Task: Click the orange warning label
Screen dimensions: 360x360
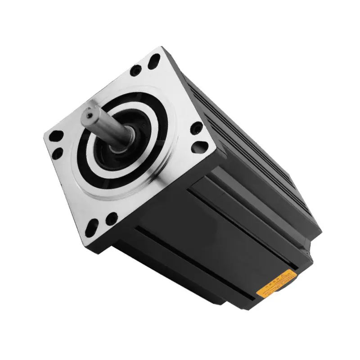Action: click(275, 283)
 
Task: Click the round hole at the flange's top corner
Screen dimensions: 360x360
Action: click(135, 70)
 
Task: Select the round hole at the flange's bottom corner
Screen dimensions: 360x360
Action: click(111, 219)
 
